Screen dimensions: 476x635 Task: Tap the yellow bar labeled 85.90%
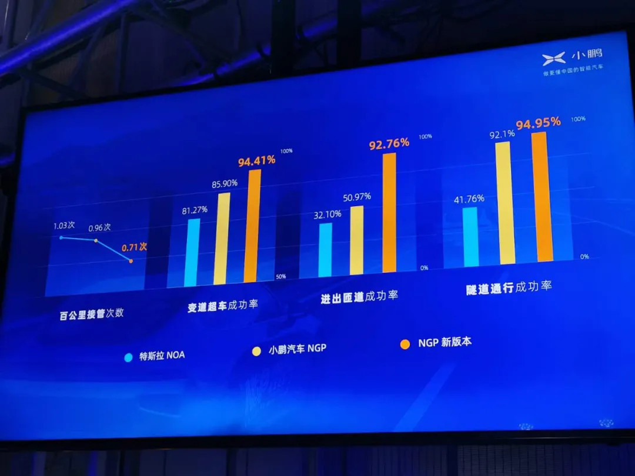[x=222, y=239]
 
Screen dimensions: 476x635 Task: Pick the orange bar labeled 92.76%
[x=389, y=212]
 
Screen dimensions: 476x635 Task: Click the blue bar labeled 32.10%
[x=325, y=249]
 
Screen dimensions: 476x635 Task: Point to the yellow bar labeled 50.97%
[x=357, y=240]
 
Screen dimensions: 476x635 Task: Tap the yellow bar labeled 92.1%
[x=505, y=203]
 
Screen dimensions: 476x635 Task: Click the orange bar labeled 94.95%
[x=542, y=197]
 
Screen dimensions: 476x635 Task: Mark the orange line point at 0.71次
[x=131, y=261]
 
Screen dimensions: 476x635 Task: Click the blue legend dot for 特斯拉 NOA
[x=129, y=357]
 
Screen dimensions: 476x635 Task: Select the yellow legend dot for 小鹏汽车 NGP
[x=256, y=351]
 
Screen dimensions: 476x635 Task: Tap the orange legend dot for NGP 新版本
[x=405, y=344]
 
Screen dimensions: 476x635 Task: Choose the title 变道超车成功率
[x=223, y=306]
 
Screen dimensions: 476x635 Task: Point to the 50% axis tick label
[x=280, y=276]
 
